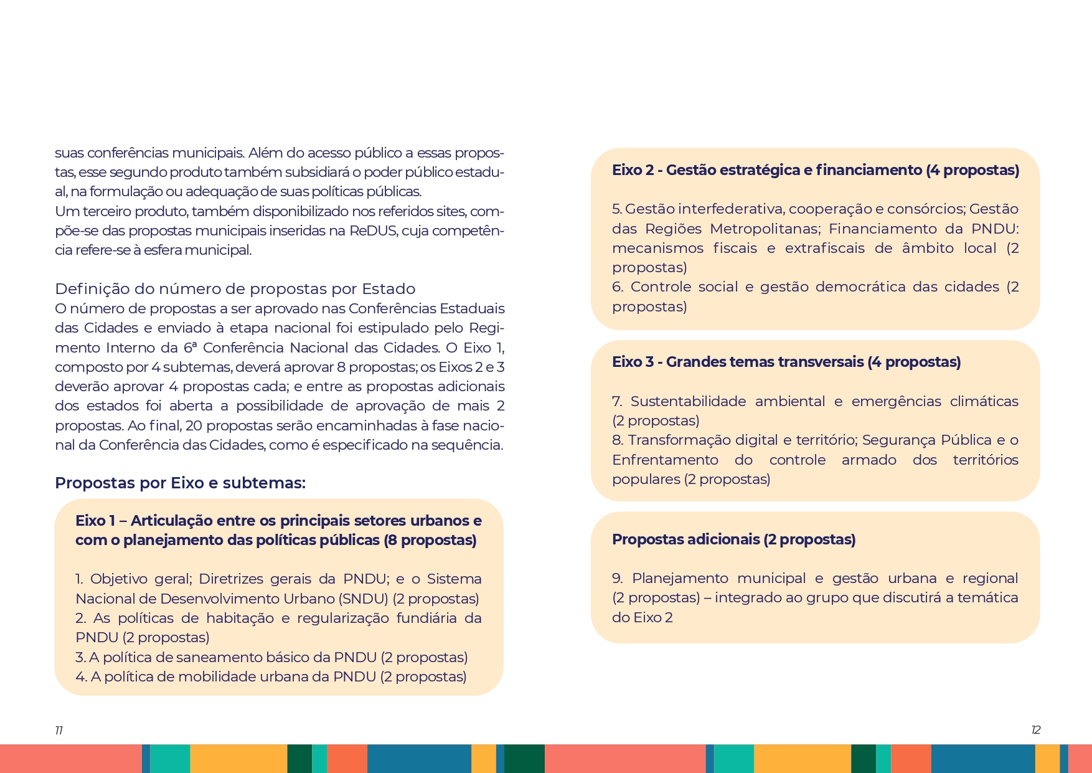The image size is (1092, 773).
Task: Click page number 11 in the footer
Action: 59,730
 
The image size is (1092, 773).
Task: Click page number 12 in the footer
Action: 1035,730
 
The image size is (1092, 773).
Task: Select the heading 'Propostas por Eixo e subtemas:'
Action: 180,483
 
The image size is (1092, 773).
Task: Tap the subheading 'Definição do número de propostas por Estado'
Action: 235,288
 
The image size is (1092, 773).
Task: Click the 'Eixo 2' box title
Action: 815,170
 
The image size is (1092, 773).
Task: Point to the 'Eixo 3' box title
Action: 786,362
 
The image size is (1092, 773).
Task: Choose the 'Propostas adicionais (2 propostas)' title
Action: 733,539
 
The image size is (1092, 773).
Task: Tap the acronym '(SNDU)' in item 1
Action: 363,599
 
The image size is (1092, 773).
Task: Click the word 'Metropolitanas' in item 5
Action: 764,229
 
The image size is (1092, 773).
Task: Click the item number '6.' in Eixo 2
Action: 618,287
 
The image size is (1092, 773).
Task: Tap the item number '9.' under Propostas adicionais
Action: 618,578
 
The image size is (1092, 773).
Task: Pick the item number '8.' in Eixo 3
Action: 618,440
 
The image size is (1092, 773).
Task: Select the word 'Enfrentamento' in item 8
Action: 665,460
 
